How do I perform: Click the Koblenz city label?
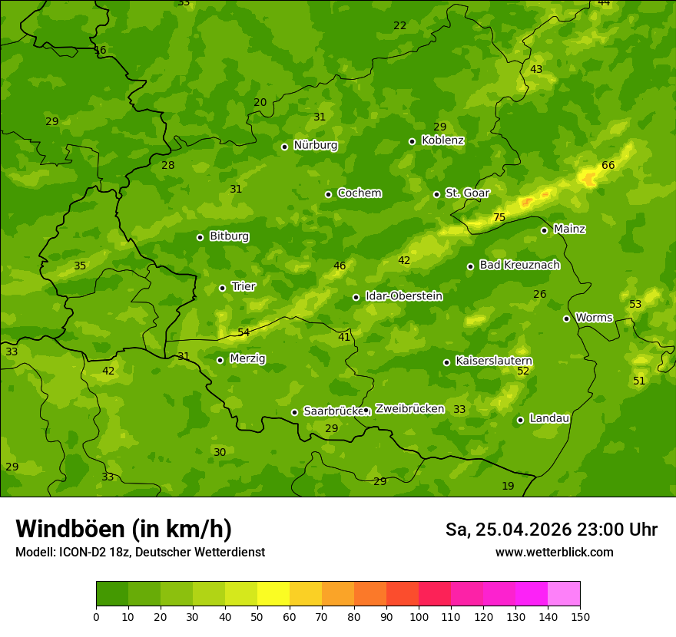pos(442,140)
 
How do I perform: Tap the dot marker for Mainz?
pos(544,230)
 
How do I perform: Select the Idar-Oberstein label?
pos(403,296)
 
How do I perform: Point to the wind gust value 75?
pos(499,218)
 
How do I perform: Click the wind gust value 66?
pos(608,166)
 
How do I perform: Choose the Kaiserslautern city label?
pos(494,361)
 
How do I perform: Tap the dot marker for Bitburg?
pos(200,237)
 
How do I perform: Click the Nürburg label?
pos(315,145)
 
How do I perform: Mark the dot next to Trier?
pos(222,288)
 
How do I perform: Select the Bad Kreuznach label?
pos(519,266)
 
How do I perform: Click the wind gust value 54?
pos(244,333)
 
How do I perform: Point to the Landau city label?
pos(549,419)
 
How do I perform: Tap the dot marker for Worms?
pos(566,318)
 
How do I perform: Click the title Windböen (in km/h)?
pos(124,529)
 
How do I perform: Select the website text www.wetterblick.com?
pos(554,553)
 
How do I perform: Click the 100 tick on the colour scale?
pos(419,616)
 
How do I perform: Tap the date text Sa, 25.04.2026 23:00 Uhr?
pos(551,530)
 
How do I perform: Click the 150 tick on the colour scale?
pos(579,616)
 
